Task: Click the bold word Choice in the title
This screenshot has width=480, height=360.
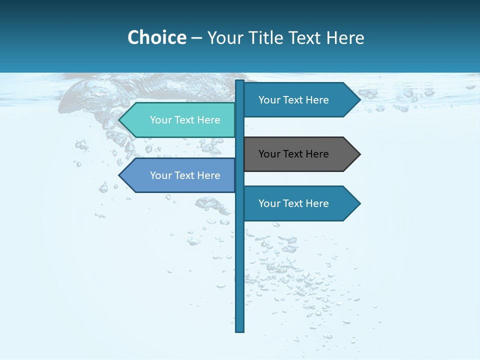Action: [x=156, y=37]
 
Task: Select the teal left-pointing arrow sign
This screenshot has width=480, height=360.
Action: [x=177, y=120]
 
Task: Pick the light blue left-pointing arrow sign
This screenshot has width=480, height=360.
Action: [x=177, y=175]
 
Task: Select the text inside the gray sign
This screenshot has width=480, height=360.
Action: [x=293, y=154]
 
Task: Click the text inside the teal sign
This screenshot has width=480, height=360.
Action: [x=185, y=120]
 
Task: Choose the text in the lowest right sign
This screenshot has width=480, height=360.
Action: [x=293, y=203]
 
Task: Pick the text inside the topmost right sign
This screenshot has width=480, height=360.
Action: [x=293, y=100]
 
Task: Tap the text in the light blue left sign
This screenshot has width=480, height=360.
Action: [x=185, y=175]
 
